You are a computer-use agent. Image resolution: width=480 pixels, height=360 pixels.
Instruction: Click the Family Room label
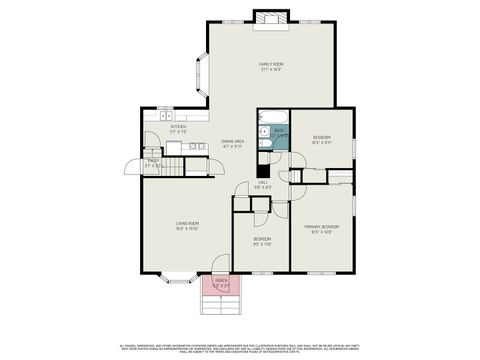click(x=272, y=66)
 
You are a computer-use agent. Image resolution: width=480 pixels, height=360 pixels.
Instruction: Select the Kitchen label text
click(x=178, y=128)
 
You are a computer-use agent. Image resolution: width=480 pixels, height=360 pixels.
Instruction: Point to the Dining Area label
click(x=234, y=144)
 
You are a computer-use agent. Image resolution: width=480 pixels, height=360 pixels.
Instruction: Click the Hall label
click(x=263, y=185)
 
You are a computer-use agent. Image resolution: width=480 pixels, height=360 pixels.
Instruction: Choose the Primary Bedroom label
click(x=322, y=229)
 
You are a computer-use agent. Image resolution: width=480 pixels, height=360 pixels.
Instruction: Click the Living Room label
click(x=187, y=227)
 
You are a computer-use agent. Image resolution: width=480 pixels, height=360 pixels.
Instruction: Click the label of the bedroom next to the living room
click(x=261, y=243)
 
